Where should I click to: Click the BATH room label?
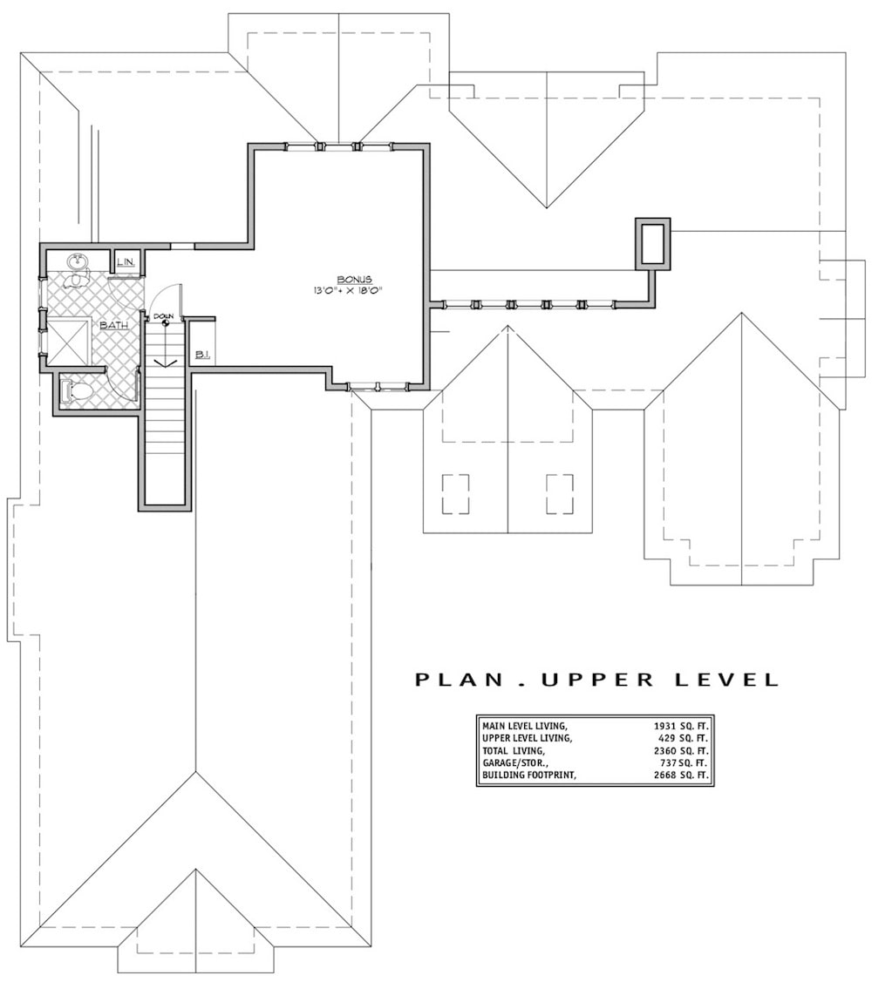(x=114, y=325)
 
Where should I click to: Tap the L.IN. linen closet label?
(x=126, y=261)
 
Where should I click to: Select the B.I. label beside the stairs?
(x=201, y=355)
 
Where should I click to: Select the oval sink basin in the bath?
(x=77, y=261)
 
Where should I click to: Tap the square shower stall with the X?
(x=68, y=342)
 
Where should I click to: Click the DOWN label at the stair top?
(x=163, y=315)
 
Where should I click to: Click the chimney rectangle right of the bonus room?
(x=653, y=243)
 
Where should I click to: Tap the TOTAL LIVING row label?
(x=514, y=750)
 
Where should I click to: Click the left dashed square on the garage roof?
(x=455, y=494)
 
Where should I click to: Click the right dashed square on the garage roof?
(x=560, y=494)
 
